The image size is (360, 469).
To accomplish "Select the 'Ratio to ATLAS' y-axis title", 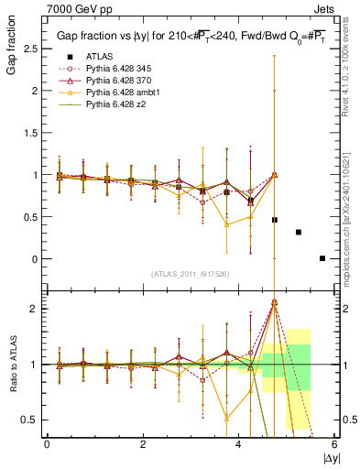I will [12, 363].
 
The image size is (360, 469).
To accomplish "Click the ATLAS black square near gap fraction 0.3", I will [299, 232].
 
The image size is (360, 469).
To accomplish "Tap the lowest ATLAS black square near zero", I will [322, 258].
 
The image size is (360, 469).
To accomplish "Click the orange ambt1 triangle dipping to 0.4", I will [227, 224].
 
